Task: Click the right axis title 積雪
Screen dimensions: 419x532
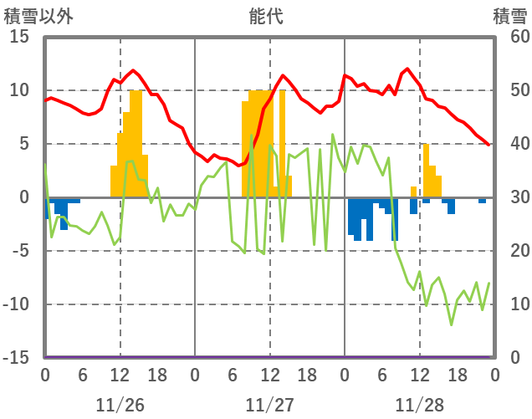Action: click(509, 15)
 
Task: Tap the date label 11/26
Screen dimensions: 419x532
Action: click(120, 405)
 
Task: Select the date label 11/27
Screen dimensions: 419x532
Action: click(269, 405)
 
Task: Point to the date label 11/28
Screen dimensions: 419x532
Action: click(419, 405)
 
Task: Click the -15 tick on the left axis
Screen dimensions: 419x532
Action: click(17, 357)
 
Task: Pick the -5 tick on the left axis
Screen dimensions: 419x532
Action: click(20, 250)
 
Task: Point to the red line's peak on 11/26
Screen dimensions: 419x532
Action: click(134, 70)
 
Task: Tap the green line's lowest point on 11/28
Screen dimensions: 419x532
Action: click(452, 324)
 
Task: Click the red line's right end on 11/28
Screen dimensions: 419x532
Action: click(489, 146)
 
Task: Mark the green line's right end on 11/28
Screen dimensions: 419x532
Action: click(489, 284)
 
